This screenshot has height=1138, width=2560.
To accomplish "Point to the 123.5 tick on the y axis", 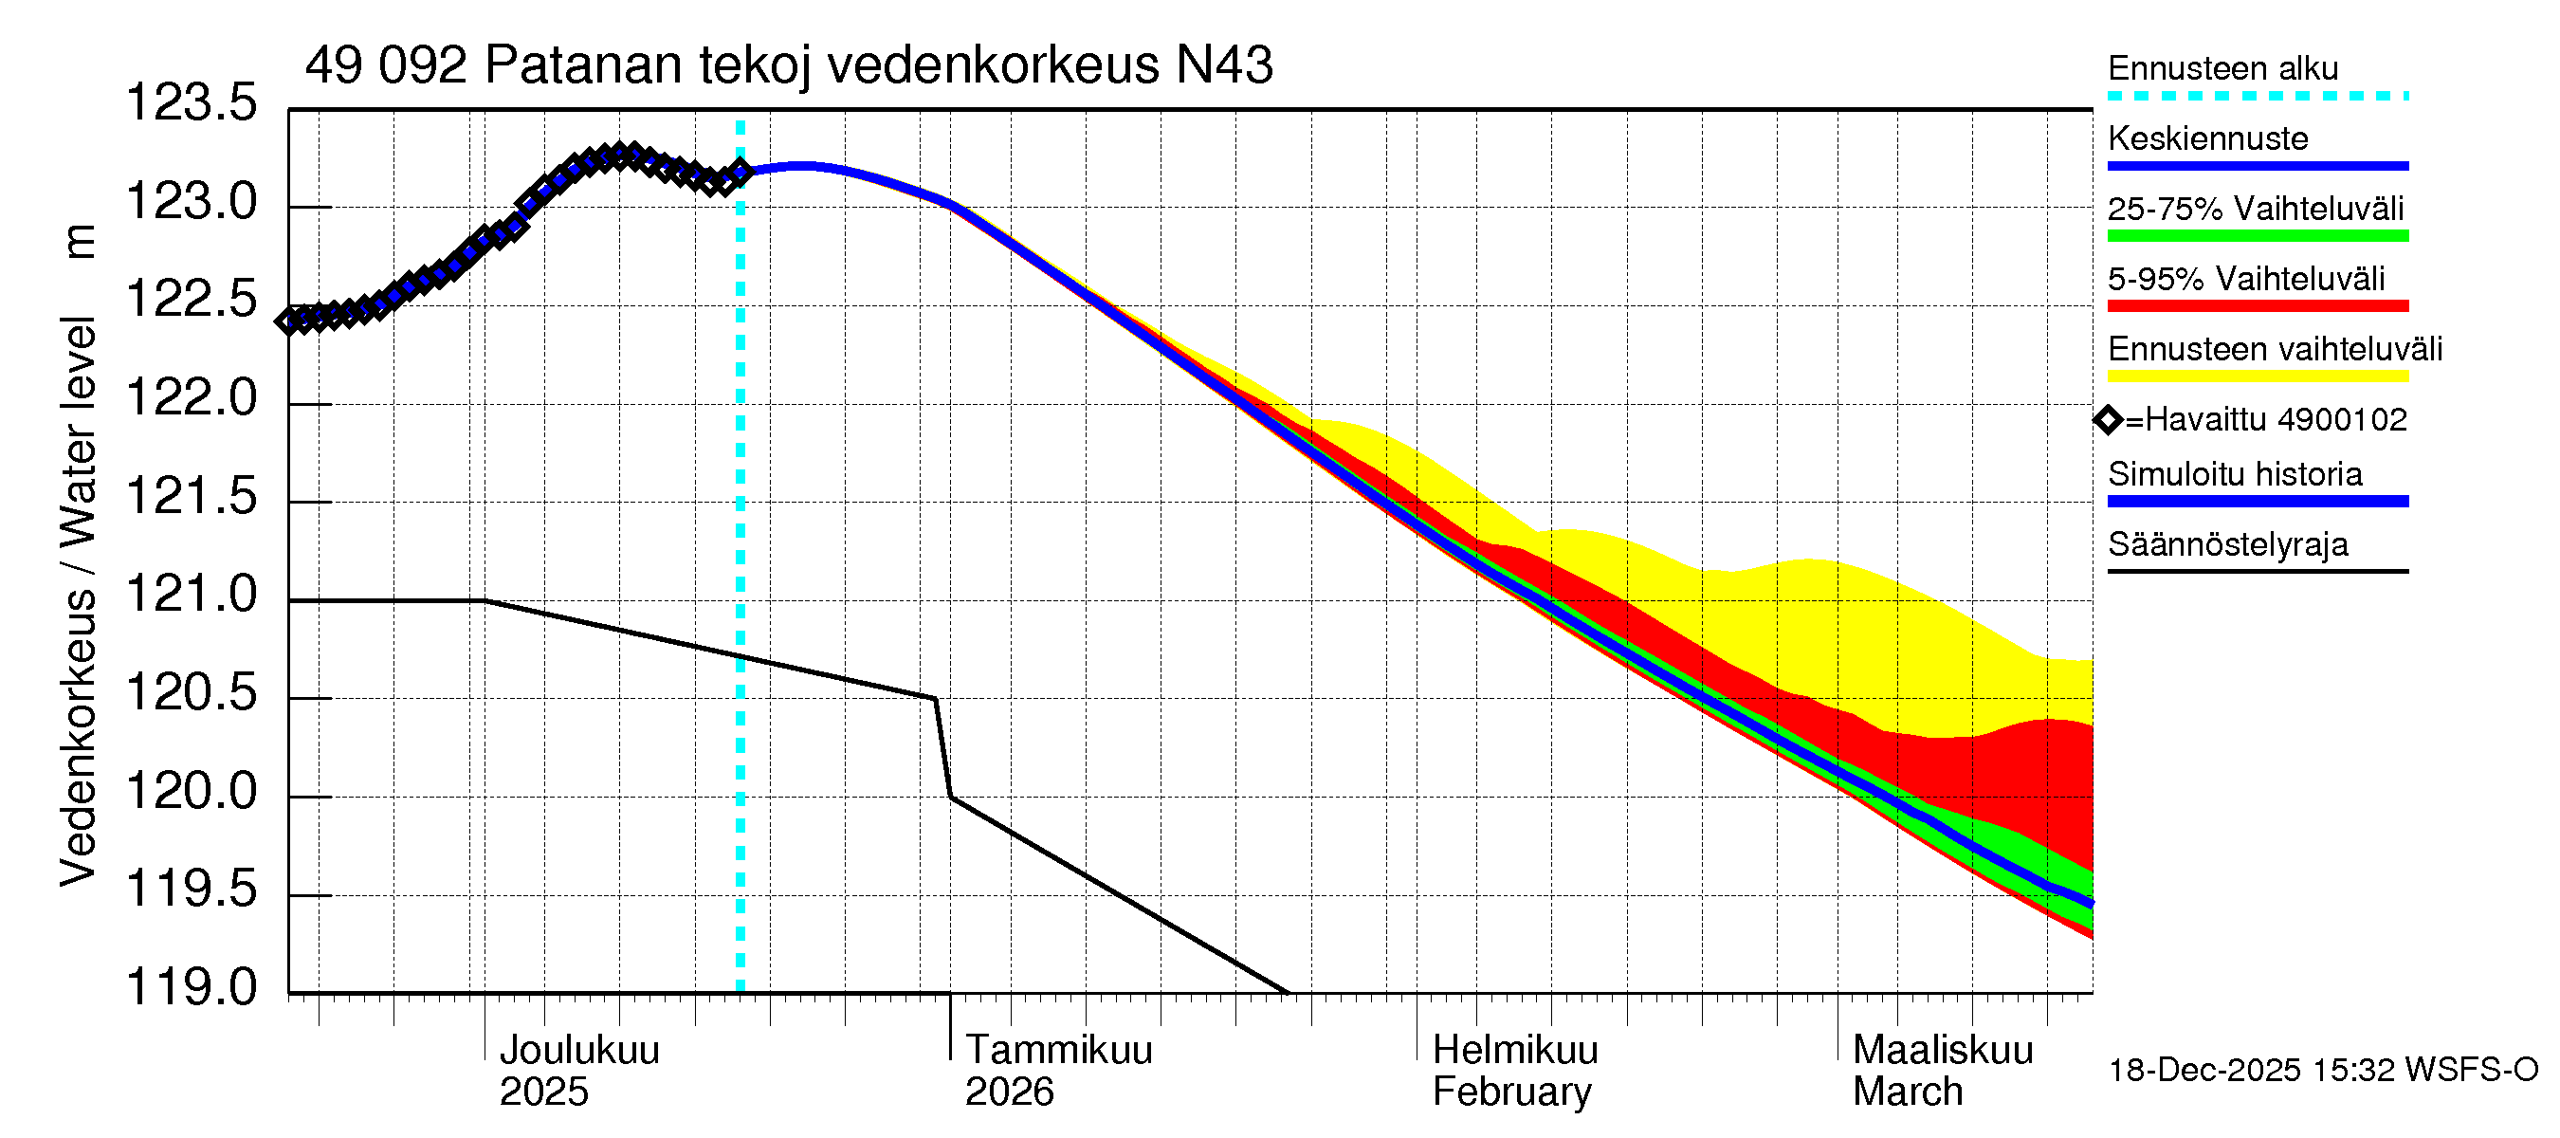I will tap(191, 103).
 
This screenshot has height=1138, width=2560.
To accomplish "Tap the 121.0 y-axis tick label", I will tap(191, 596).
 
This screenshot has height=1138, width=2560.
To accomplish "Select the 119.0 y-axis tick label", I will tap(191, 988).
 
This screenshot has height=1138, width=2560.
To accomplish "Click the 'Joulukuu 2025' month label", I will tap(578, 1071).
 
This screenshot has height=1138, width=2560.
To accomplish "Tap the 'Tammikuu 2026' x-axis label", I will tap(1057, 1071).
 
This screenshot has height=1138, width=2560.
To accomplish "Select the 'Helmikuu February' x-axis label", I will tap(1514, 1071).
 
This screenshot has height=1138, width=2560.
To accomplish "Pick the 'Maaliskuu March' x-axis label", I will tap(1942, 1071).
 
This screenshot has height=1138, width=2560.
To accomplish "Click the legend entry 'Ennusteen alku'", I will tap(2222, 68).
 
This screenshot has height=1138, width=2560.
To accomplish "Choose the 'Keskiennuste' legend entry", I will tap(2207, 138).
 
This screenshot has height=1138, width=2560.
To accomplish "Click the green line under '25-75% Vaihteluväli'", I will tap(2257, 236).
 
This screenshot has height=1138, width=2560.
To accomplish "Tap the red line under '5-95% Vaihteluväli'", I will tap(2257, 306).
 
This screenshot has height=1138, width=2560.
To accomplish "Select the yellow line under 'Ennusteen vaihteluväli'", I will tap(2257, 376).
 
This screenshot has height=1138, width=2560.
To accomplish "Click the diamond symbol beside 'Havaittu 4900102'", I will tap(2108, 420).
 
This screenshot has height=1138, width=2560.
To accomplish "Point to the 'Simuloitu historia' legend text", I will tap(2234, 474).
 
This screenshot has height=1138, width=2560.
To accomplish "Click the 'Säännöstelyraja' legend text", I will tap(2227, 544).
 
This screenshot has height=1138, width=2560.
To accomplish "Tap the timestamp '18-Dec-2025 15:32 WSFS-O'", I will tap(2322, 1071).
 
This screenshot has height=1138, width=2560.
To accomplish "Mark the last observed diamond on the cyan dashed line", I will tap(741, 172).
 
